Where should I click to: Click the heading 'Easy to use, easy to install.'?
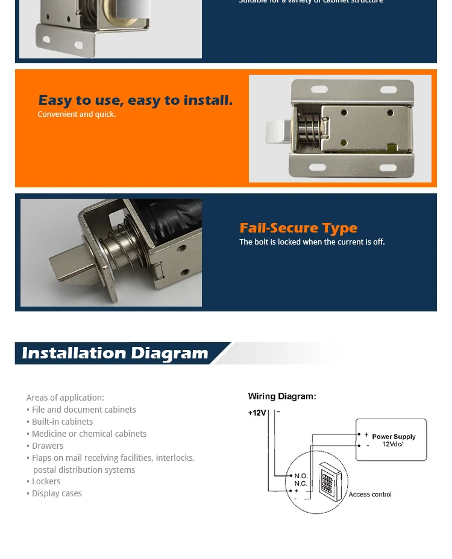pyautogui.click(x=135, y=100)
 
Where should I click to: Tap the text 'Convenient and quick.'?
pyautogui.click(x=77, y=114)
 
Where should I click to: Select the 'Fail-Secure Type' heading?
pyautogui.click(x=298, y=228)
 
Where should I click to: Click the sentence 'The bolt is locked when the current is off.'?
pyautogui.click(x=312, y=242)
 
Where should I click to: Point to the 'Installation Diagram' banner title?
pyautogui.click(x=115, y=353)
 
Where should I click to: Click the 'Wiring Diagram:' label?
pyautogui.click(x=282, y=396)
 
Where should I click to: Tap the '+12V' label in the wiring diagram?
pyautogui.click(x=257, y=413)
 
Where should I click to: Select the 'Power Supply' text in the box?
pyautogui.click(x=394, y=437)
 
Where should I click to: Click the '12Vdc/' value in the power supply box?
pyautogui.click(x=393, y=445)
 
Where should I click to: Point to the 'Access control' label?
pyautogui.click(x=369, y=495)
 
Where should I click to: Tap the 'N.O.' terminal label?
pyautogui.click(x=301, y=476)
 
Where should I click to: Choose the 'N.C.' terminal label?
pyautogui.click(x=301, y=484)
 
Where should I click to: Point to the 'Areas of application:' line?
pyautogui.click(x=65, y=398)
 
